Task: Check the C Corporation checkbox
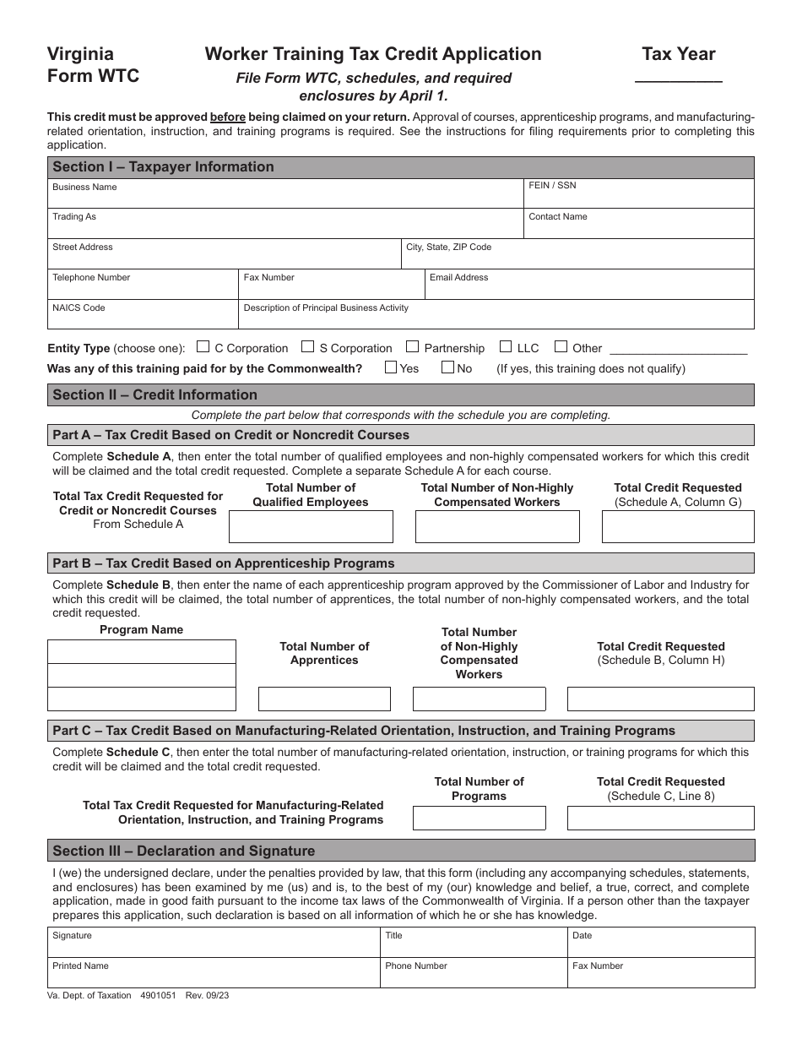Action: (x=203, y=346)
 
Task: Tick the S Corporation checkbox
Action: (x=308, y=346)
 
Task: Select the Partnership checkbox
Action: (x=412, y=346)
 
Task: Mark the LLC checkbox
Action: (x=506, y=346)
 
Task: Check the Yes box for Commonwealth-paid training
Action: (x=391, y=367)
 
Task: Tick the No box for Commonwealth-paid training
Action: (x=447, y=367)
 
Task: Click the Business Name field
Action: (x=285, y=198)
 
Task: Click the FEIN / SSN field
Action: (x=638, y=198)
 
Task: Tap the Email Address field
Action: (x=588, y=287)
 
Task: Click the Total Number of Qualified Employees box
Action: (x=311, y=527)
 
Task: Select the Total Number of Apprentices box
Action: (x=324, y=699)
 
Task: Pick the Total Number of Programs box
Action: (x=479, y=818)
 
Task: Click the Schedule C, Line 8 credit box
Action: (x=660, y=818)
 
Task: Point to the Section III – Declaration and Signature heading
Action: (x=184, y=851)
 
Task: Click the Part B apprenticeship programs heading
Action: (x=224, y=563)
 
